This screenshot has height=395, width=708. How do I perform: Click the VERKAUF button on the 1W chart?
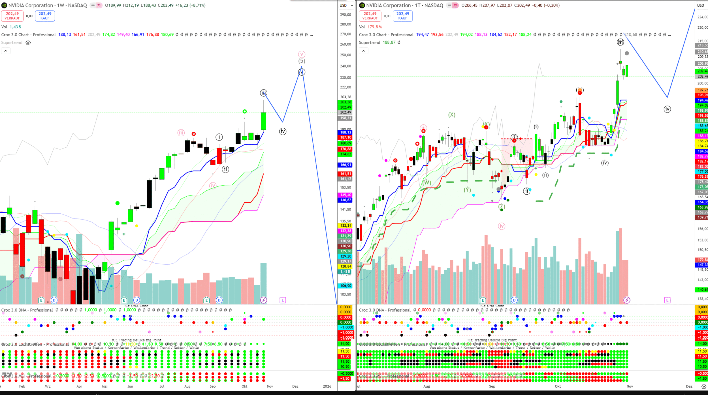pyautogui.click(x=12, y=16)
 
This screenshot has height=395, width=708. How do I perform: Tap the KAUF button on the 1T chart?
pyautogui.click(x=402, y=16)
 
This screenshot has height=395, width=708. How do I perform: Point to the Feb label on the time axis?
pyautogui.click(x=22, y=386)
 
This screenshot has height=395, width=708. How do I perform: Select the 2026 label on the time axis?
pyautogui.click(x=327, y=386)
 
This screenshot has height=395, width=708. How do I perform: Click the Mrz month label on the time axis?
pyautogui.click(x=48, y=386)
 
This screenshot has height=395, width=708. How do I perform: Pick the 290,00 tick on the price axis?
pyautogui.click(x=346, y=15)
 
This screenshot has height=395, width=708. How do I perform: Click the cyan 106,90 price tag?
pyautogui.click(x=346, y=286)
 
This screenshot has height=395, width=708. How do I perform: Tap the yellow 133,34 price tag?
pyautogui.click(x=346, y=226)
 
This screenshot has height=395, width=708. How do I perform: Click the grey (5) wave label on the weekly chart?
pyautogui.click(x=302, y=61)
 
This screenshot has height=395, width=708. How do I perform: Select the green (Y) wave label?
pyautogui.click(x=467, y=190)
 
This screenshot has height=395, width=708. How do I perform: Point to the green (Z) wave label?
pyautogui.click(x=502, y=206)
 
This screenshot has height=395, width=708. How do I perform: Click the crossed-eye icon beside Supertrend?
pyautogui.click(x=28, y=43)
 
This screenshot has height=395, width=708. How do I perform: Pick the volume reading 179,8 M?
pyautogui.click(x=374, y=27)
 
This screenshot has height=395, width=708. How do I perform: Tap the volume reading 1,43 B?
pyautogui.click(x=15, y=27)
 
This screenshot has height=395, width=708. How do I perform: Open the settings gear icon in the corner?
pyautogui.click(x=704, y=386)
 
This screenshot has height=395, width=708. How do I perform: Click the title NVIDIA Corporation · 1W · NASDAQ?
pyautogui.click(x=48, y=5)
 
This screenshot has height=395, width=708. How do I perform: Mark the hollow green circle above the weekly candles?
pyautogui.click(x=245, y=112)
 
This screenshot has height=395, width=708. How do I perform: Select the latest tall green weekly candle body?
pyautogui.click(x=264, y=121)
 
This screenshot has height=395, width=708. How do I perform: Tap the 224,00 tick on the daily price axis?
pyautogui.click(x=702, y=17)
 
